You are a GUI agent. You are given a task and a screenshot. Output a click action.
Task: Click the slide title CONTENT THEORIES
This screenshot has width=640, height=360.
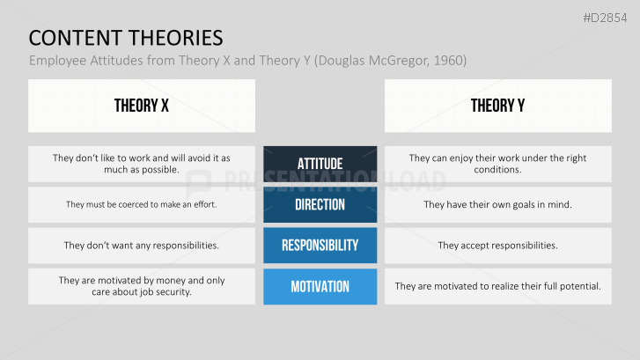[x=125, y=37]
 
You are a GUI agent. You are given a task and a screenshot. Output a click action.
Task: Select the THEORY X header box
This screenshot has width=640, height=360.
[x=141, y=106]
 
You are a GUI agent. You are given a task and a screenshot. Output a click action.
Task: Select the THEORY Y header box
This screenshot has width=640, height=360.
[x=497, y=106]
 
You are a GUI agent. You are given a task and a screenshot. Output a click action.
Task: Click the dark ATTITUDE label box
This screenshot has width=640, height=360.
[x=320, y=164]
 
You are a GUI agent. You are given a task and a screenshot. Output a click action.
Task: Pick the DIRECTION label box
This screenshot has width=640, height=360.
[x=320, y=204]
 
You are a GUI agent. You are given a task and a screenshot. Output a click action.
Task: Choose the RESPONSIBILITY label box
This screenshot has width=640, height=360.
[x=320, y=246]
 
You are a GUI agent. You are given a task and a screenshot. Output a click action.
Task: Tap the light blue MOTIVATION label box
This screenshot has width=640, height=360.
[x=320, y=286]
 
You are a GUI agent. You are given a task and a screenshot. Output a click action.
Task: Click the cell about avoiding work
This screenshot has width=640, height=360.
[x=141, y=164]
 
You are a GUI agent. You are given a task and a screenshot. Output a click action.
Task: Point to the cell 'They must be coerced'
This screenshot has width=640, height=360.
[x=141, y=204]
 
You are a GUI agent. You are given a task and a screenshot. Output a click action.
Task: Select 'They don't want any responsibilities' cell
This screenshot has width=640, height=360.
[x=141, y=246]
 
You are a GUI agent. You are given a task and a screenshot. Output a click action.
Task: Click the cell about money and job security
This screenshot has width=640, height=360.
[x=141, y=286]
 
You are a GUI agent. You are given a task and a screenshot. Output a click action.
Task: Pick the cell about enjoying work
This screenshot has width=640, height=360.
[x=497, y=164]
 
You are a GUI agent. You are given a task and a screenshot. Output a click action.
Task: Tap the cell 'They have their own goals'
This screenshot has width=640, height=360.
[x=497, y=204]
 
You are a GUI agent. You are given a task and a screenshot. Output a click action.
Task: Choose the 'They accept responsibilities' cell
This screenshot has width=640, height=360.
[x=497, y=246]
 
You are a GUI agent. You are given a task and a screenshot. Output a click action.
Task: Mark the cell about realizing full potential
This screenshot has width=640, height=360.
[x=497, y=286]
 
